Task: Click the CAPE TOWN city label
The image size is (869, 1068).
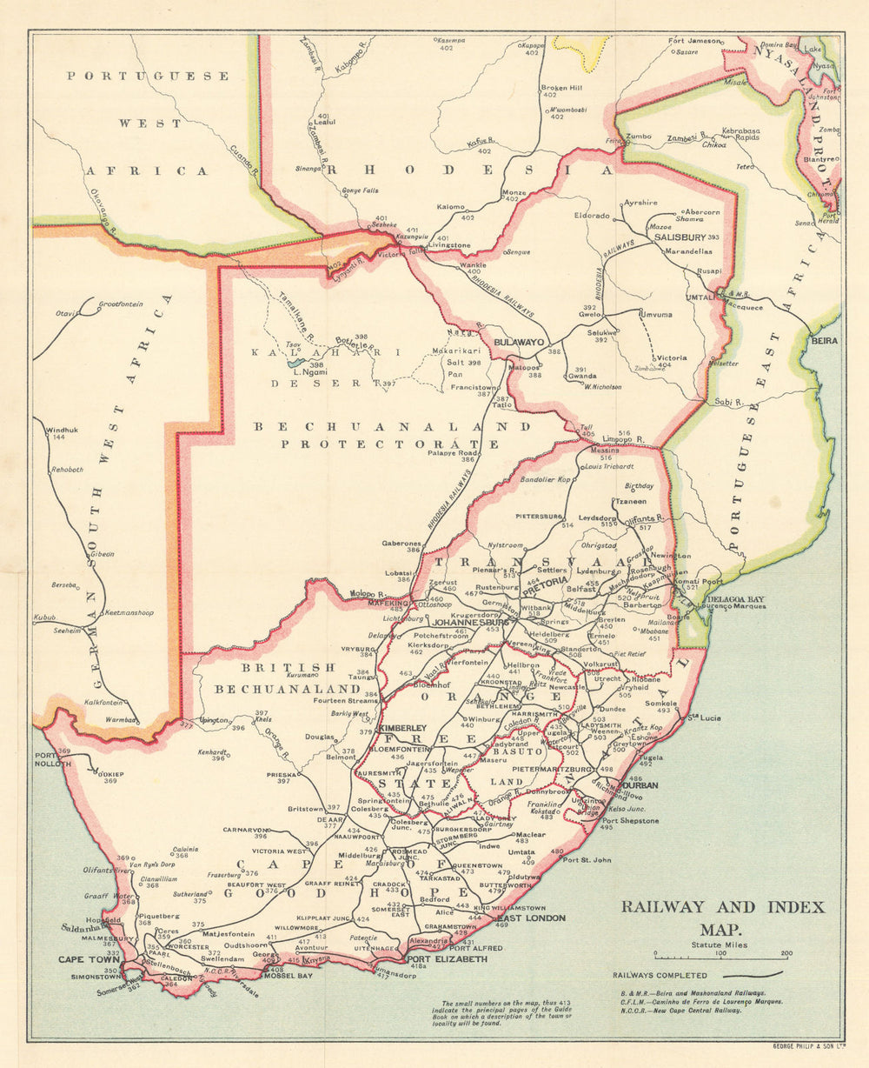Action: pyautogui.click(x=88, y=959)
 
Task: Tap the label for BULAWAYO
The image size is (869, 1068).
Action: pyautogui.click(x=519, y=343)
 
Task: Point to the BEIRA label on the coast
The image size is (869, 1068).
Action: pyautogui.click(x=824, y=340)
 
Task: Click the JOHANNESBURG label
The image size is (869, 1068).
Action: pyautogui.click(x=470, y=623)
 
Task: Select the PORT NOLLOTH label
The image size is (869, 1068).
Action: pyautogui.click(x=46, y=760)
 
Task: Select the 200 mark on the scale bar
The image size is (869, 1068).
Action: pyautogui.click(x=786, y=953)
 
